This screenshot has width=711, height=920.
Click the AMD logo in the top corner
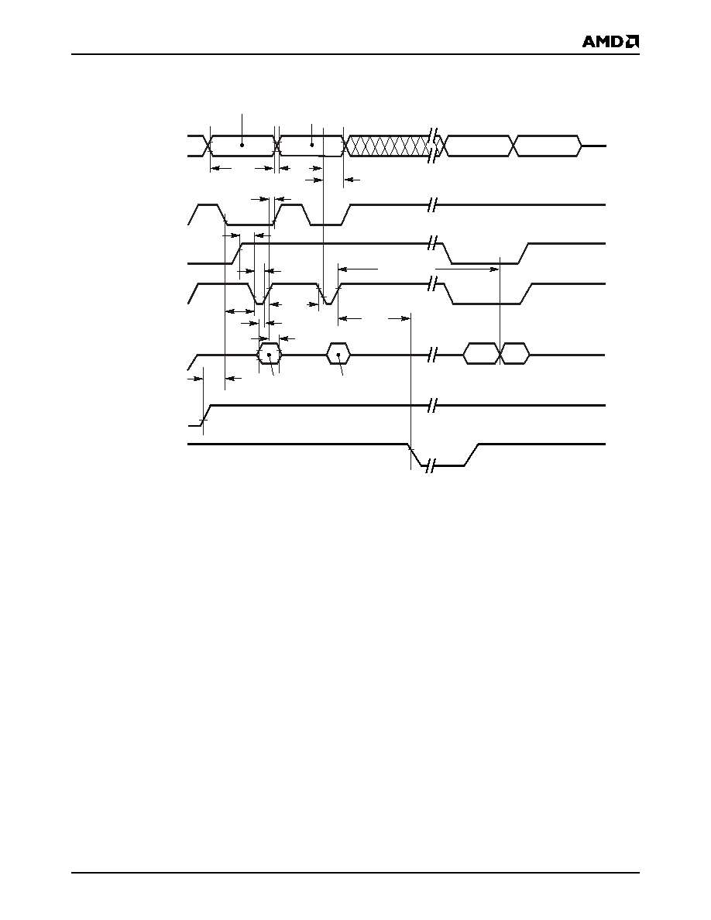pos(610,42)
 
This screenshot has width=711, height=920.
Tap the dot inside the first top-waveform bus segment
pos(242,144)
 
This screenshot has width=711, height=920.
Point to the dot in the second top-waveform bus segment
pos(312,144)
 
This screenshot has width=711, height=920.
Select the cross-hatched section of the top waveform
pos(387,146)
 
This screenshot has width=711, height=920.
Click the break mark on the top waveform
pos(434,146)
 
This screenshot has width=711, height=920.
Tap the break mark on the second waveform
pos(433,205)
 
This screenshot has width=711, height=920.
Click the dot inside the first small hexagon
pos(269,355)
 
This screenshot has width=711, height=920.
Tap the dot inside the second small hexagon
pos(338,355)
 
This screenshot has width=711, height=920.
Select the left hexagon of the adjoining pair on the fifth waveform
pos(482,355)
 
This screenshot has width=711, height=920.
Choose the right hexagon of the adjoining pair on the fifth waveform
pos(514,355)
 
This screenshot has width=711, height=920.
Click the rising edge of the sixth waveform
pos(205,415)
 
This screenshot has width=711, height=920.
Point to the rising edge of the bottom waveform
pos(472,455)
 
